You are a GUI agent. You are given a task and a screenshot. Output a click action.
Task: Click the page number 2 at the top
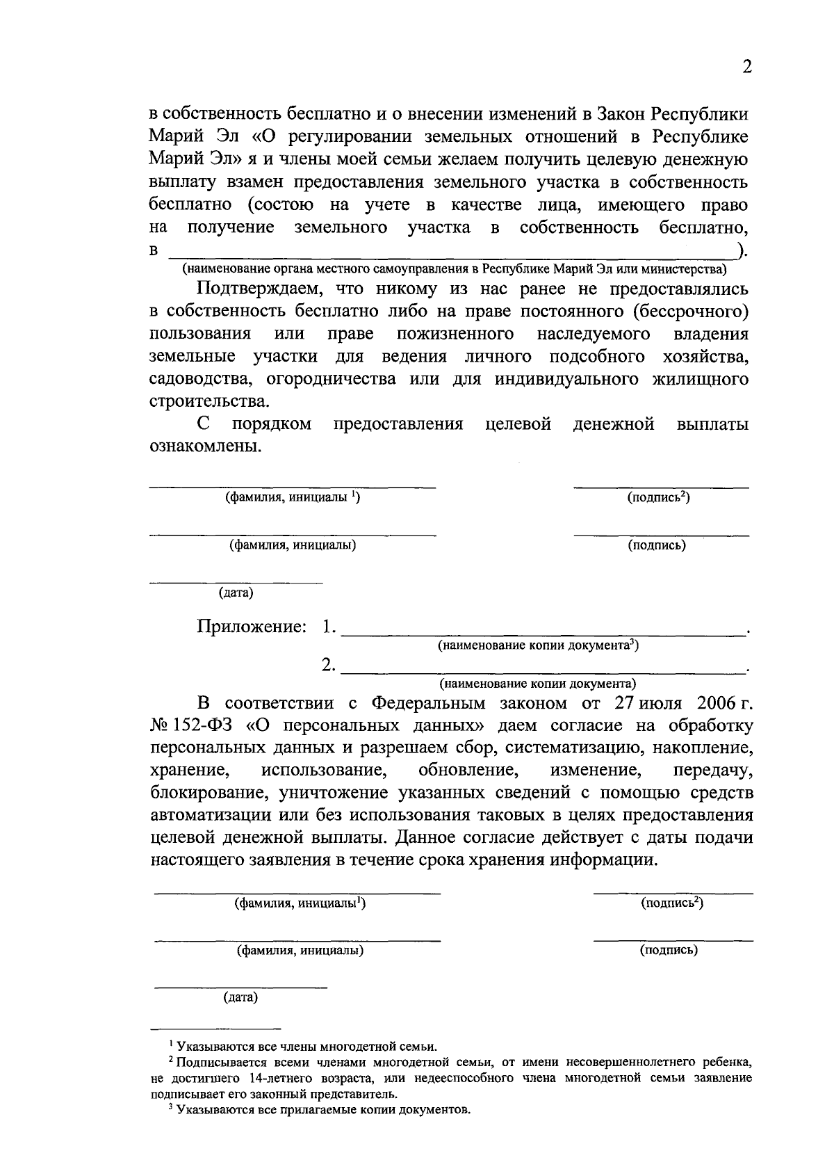coord(747,67)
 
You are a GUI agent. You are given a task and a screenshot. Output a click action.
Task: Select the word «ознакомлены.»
coord(206,446)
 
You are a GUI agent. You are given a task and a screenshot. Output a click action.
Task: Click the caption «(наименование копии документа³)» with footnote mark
coord(538,645)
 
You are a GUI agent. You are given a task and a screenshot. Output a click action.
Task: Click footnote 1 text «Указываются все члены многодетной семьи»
coord(306,1046)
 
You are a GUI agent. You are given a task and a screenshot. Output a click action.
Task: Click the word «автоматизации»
coord(209,816)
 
